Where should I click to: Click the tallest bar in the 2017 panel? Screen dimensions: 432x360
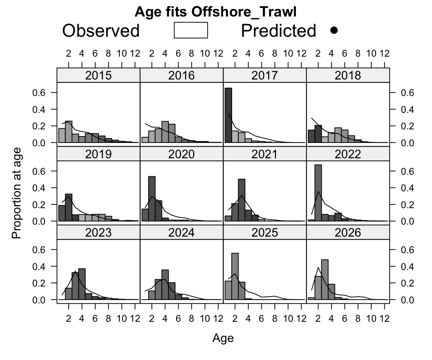(x=228, y=115)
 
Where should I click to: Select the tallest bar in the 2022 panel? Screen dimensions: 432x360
(x=318, y=193)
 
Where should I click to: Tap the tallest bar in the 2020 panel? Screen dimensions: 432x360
(x=152, y=199)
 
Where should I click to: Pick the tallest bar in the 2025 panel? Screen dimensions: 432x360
(x=235, y=276)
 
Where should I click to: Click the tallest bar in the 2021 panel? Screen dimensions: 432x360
(x=241, y=200)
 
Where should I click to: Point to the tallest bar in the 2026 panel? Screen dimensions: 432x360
(x=324, y=280)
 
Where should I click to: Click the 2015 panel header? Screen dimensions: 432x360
(x=98, y=75)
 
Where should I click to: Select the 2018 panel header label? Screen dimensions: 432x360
(x=348, y=75)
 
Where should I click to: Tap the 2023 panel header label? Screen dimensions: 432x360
(x=98, y=232)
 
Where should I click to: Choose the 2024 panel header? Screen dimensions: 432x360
(x=181, y=232)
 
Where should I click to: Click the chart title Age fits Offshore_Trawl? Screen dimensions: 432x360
(x=216, y=12)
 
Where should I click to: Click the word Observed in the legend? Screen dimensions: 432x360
(x=101, y=30)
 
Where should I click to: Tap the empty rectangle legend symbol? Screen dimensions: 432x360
(x=190, y=30)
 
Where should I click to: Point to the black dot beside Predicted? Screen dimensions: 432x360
(x=334, y=30)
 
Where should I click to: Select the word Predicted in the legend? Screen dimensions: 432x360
(x=279, y=30)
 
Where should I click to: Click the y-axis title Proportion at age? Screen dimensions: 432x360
(x=16, y=193)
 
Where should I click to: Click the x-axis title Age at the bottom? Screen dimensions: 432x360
(x=223, y=338)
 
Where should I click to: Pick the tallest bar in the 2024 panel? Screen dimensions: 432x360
(x=165, y=285)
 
